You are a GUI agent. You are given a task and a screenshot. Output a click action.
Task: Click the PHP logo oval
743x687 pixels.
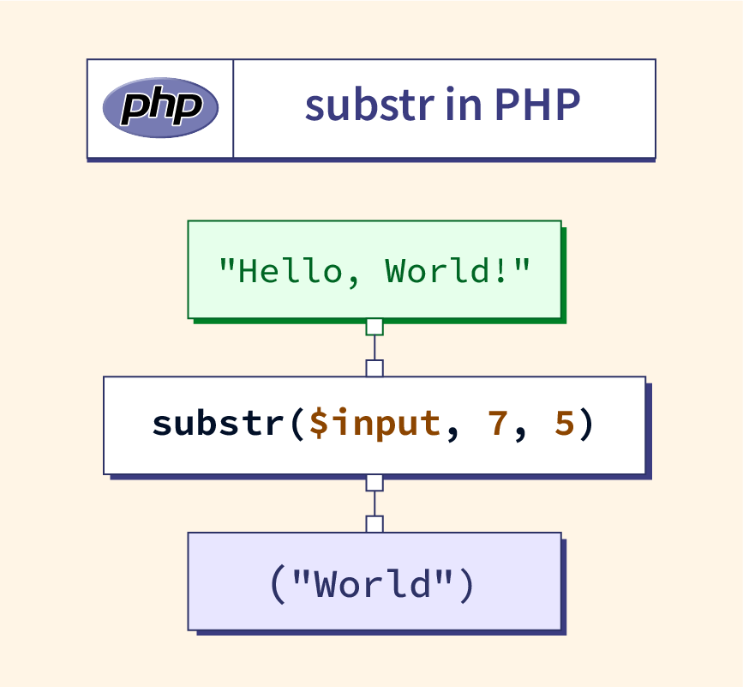pos(160,107)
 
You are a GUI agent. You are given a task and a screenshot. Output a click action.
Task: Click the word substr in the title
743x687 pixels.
pos(369,105)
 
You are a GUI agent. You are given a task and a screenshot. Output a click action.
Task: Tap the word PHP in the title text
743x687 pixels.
pos(537,105)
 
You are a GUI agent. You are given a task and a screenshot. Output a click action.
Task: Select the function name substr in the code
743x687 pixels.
pos(218,423)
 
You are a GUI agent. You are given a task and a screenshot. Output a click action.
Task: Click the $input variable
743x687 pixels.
pos(374,424)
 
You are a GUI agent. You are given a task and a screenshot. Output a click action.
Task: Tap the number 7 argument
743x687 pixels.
pos(498,423)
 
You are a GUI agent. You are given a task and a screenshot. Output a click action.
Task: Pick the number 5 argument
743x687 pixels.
pos(565,423)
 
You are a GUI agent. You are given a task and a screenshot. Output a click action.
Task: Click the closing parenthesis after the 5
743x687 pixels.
pos(587,424)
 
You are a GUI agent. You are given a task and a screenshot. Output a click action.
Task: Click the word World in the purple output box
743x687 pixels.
pos(373,584)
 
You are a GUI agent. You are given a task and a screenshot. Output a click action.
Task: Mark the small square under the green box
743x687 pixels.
pos(374,327)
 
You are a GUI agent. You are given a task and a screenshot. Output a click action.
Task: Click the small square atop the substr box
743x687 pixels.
pos(374,369)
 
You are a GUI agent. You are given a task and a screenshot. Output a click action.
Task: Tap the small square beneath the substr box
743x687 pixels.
pos(374,483)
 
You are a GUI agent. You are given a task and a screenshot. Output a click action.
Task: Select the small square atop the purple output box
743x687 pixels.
pos(374,524)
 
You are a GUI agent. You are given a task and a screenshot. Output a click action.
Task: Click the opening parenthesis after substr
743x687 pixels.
pos(297,424)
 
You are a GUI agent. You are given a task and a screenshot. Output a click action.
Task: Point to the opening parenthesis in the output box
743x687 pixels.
pos(278,585)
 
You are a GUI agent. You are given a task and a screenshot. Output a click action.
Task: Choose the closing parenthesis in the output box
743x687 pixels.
pos(467,585)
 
